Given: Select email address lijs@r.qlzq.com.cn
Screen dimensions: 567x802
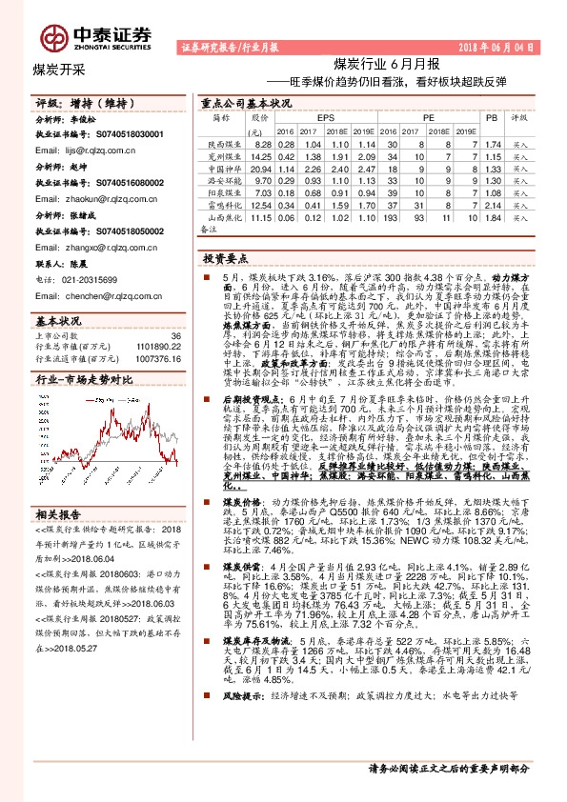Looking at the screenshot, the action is click(85, 150).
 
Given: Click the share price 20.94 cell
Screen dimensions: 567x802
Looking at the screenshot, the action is click(261, 167).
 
